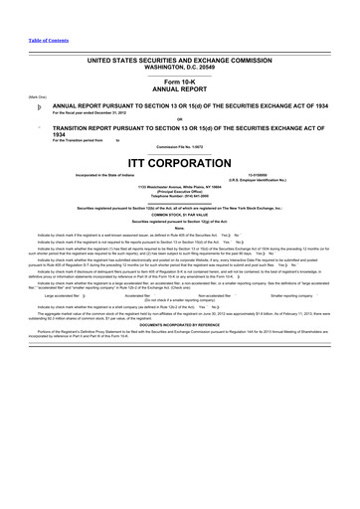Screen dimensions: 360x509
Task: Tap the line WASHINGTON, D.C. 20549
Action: pos(180,67)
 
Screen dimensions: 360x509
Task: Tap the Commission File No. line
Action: pos(180,151)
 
